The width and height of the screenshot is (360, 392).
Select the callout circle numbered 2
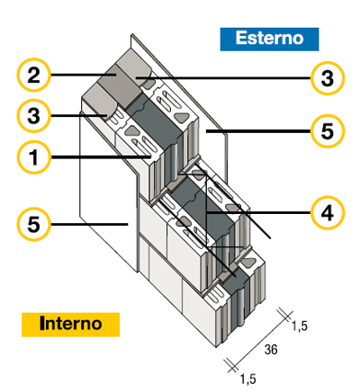tap(33, 76)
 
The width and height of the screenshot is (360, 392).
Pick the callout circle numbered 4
tap(326, 213)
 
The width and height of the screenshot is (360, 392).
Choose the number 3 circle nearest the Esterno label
tap(326, 78)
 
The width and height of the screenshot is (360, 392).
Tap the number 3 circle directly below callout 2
tap(33, 115)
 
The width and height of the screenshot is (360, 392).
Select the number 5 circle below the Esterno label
tap(326, 131)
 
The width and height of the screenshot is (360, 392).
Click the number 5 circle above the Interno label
tap(33, 223)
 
